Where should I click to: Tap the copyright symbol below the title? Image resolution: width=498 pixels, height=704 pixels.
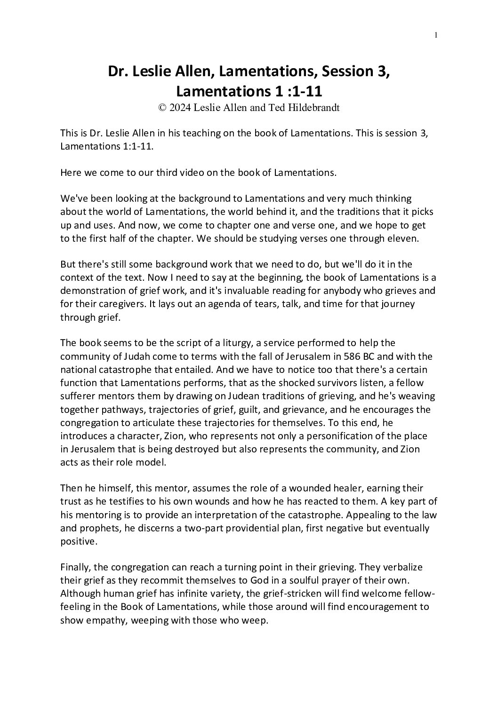tap(162, 107)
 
